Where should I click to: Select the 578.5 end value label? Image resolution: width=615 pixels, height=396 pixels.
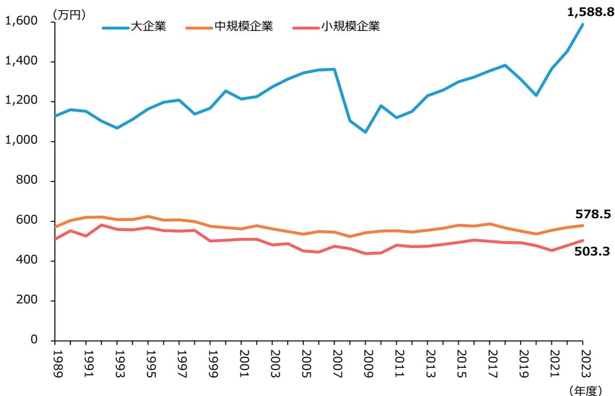(x=593, y=215)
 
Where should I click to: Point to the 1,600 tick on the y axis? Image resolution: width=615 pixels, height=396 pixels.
(x=21, y=21)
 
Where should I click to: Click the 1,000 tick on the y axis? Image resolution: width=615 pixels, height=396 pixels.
(x=21, y=141)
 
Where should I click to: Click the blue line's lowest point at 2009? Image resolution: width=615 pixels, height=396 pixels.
(x=365, y=132)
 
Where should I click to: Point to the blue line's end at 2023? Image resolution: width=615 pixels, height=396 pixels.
(x=582, y=24)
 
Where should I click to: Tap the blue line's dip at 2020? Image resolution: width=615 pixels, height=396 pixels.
(x=536, y=95)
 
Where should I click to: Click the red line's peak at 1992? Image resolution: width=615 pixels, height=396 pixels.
(x=101, y=225)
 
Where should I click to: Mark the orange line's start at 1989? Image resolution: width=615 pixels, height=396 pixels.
(x=55, y=227)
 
